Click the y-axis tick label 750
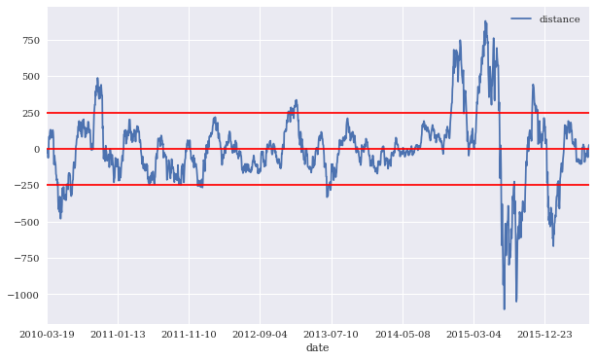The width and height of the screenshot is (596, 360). [x=31, y=40]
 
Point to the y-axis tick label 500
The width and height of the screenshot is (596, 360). [x=31, y=77]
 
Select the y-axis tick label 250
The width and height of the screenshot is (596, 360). [x=31, y=113]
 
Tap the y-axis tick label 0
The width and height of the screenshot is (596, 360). [x=37, y=150]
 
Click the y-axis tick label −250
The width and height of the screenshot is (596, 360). [x=27, y=185]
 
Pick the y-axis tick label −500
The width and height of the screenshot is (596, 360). [x=27, y=222]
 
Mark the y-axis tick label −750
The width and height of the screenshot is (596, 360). [x=27, y=259]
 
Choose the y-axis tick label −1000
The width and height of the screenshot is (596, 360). [x=23, y=295]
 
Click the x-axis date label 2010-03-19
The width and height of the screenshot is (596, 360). [x=47, y=335]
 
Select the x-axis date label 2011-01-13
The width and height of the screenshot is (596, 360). [x=119, y=335]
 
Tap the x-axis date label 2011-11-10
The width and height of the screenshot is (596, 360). [x=189, y=335]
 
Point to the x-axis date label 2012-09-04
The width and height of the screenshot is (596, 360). [x=260, y=335]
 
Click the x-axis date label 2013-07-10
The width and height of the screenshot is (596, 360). [x=332, y=335]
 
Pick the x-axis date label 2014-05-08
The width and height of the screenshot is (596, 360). [x=403, y=335]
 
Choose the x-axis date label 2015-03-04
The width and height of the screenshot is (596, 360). [x=473, y=335]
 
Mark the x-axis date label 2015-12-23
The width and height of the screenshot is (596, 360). [x=544, y=335]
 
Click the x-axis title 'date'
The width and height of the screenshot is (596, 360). [x=318, y=347]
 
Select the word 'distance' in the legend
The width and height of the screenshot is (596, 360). [x=559, y=19]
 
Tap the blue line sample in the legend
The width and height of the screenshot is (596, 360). [x=521, y=18]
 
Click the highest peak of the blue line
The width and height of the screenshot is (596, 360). [x=485, y=21]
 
